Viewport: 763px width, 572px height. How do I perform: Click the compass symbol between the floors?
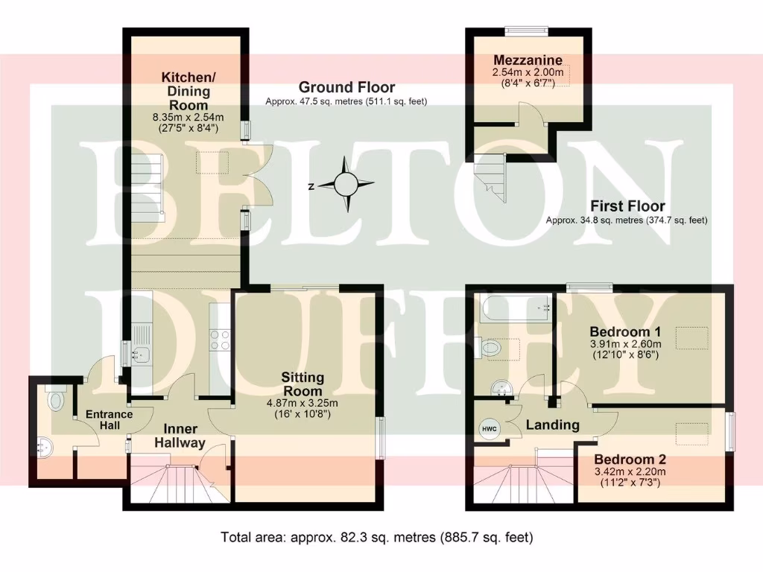pos(346,184)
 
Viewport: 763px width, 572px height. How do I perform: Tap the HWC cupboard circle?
pos(488,429)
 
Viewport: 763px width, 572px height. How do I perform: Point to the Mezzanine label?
pos(528,60)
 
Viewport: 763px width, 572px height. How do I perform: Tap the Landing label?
pos(552,425)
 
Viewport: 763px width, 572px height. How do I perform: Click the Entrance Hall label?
pos(109,420)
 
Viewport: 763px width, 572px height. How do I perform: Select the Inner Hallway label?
pos(180,436)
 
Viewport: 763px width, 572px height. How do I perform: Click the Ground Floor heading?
pos(346,88)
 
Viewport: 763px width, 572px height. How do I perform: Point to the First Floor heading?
pos(627,206)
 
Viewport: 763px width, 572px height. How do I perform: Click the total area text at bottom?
pos(377,536)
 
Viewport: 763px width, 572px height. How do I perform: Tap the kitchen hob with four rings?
pos(219,340)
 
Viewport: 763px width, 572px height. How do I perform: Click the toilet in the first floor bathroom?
pos(490,347)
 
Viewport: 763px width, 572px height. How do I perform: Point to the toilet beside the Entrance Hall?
pos(55,401)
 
